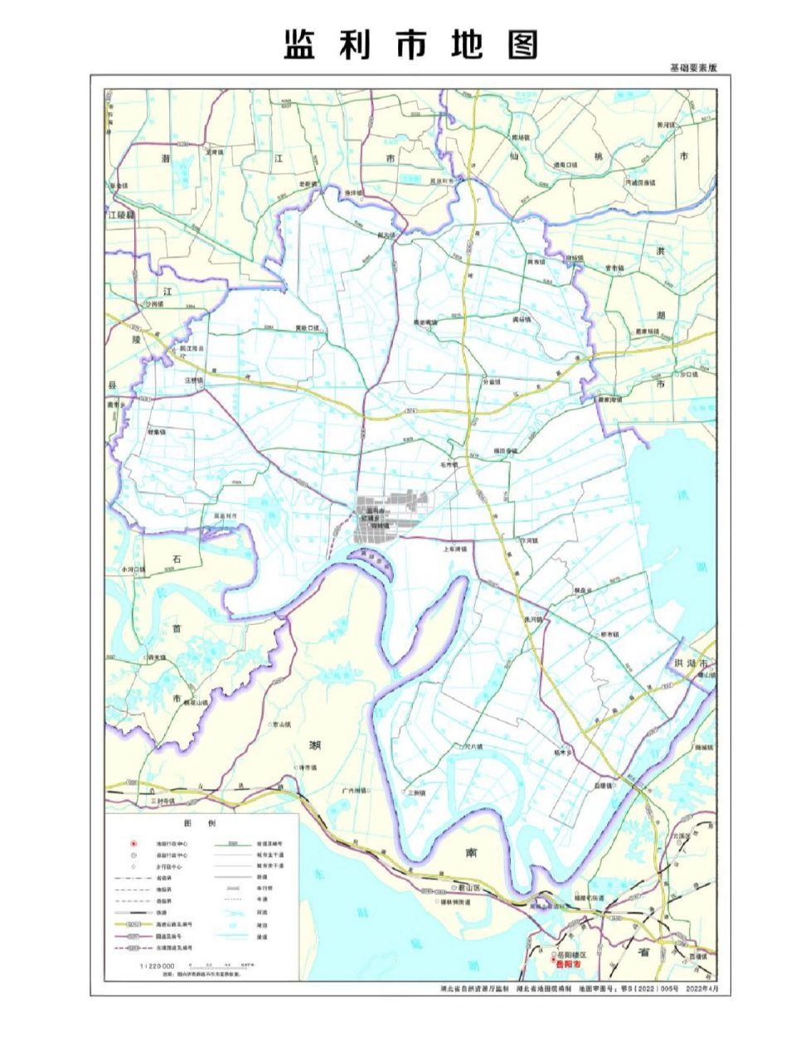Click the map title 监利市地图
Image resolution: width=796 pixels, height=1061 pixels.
click(x=410, y=45)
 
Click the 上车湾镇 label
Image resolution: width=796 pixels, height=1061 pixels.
click(x=455, y=549)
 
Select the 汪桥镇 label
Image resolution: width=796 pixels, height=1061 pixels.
click(x=193, y=380)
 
